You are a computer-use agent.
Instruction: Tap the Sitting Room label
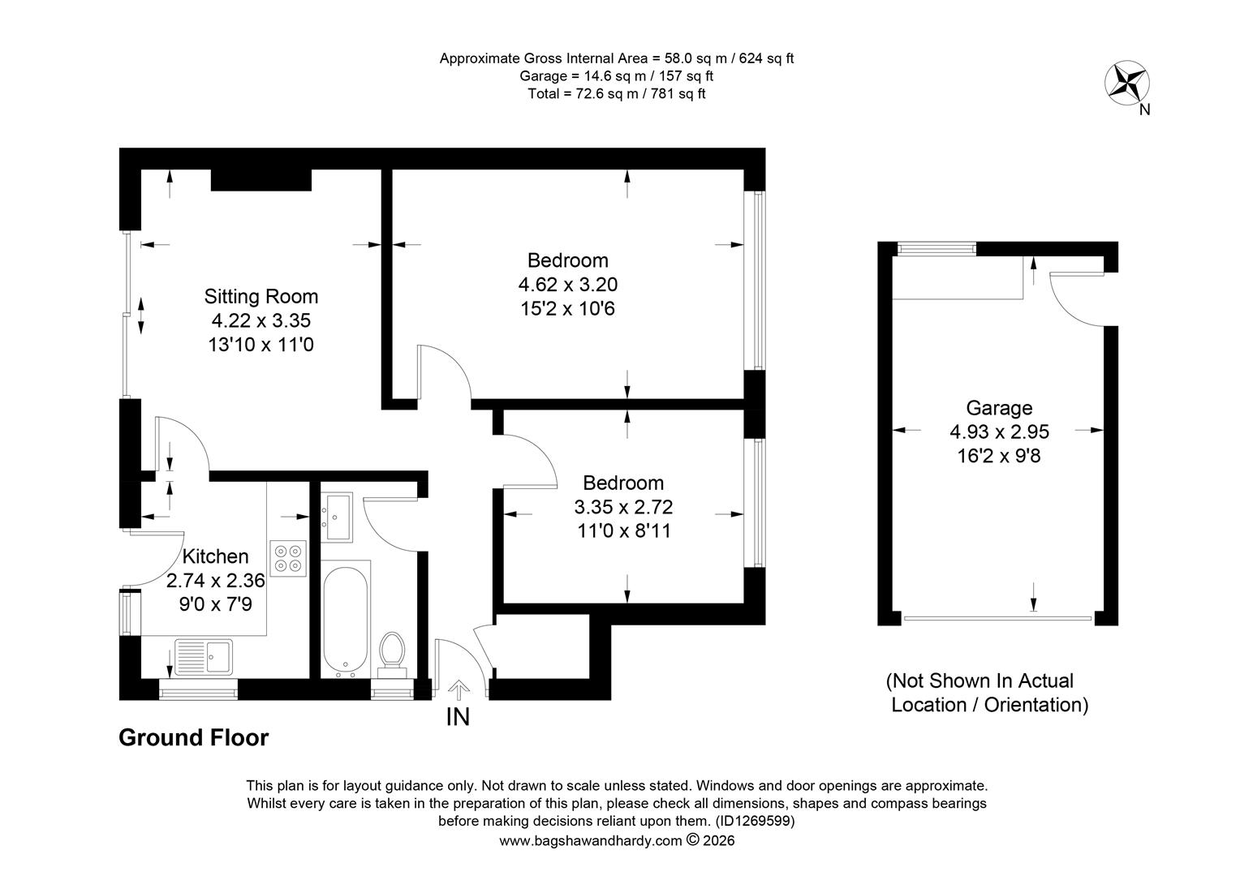click(x=261, y=297)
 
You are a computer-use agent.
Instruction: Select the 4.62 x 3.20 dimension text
click(x=567, y=285)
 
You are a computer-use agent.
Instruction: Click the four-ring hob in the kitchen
click(x=288, y=558)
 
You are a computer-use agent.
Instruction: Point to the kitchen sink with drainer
click(x=204, y=657)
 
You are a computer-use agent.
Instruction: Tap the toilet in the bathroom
click(x=393, y=655)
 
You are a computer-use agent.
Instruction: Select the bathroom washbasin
click(x=337, y=517)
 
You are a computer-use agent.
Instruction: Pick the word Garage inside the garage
click(x=999, y=408)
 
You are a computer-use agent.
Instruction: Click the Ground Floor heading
click(x=194, y=737)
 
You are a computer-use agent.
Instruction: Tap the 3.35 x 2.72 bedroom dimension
click(x=623, y=507)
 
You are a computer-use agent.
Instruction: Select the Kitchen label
click(x=215, y=556)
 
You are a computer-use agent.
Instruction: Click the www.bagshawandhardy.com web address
click(x=591, y=841)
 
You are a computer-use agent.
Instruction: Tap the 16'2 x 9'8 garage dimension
click(x=999, y=456)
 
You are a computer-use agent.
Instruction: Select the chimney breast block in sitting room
click(x=261, y=180)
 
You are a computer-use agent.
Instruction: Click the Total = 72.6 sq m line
click(x=617, y=94)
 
